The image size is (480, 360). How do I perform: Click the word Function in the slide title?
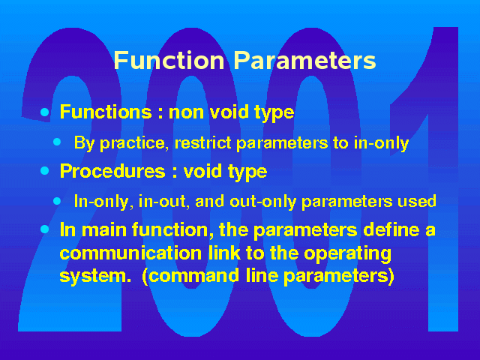click(169, 60)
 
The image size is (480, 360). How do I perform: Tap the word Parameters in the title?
click(305, 60)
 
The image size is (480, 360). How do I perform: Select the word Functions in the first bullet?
click(106, 112)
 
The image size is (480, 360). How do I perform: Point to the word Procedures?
click(112, 171)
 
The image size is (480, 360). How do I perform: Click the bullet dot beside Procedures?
click(45, 170)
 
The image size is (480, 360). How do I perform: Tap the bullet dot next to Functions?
click(45, 112)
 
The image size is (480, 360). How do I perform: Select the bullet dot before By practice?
click(57, 142)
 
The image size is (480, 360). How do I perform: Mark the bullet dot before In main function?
click(45, 229)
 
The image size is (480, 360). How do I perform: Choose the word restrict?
click(202, 142)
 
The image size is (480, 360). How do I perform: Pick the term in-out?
click(163, 202)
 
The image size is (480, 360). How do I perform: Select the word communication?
click(130, 253)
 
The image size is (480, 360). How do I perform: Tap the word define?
click(391, 229)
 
